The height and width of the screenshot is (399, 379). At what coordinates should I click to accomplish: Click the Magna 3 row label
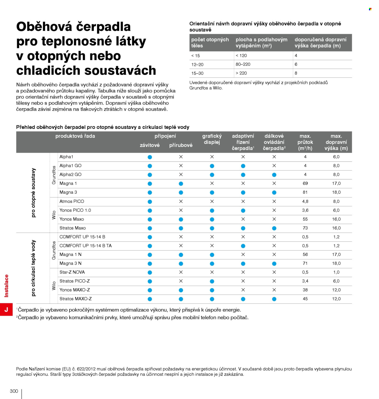point(68,192)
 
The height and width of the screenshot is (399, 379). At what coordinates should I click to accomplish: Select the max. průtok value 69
point(305,183)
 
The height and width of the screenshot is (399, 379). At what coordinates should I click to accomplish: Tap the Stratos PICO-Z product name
point(75,281)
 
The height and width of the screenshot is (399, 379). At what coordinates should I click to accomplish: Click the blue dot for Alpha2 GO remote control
point(274,175)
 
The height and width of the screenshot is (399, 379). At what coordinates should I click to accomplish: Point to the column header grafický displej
point(212,139)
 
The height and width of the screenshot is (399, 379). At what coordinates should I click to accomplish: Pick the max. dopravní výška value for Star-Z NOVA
point(336,272)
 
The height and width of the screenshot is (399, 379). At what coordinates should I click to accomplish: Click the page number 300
point(14,391)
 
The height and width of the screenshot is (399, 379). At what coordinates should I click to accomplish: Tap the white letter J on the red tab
point(6,309)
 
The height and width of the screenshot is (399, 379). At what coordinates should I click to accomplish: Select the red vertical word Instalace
point(6,285)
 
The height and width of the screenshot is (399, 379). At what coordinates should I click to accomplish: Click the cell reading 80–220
point(243,64)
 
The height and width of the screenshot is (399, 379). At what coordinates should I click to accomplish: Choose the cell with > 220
point(241,73)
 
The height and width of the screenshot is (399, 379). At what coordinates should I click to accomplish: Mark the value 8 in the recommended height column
point(296,73)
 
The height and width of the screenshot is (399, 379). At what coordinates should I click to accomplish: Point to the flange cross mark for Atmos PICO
point(181,201)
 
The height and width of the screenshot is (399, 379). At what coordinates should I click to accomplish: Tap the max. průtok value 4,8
point(305,201)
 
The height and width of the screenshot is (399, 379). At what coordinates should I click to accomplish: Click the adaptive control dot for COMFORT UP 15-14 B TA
point(243,246)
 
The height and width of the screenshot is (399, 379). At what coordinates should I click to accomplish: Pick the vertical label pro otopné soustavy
point(33,193)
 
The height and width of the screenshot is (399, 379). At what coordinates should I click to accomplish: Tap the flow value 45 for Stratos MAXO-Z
point(305,298)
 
